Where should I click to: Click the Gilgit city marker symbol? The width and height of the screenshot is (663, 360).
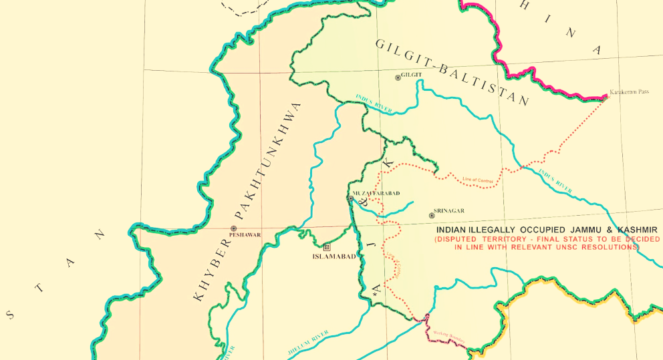[398, 77]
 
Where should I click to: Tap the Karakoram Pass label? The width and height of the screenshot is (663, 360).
[629, 92]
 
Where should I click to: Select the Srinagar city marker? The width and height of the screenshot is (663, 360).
[432, 216]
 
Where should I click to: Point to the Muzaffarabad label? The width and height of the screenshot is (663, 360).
[376, 193]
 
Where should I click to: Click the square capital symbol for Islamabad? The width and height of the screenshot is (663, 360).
[326, 246]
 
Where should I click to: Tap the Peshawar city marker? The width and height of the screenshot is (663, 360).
[233, 228]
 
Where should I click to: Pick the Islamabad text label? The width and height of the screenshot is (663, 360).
[334, 256]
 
